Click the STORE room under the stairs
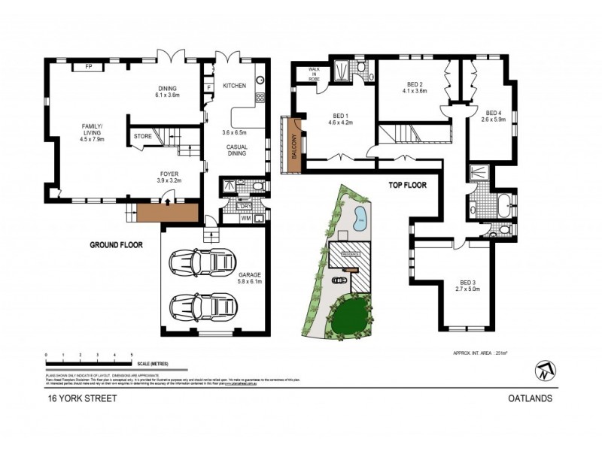tap(143, 137)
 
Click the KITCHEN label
tap(234, 86)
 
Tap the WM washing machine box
tap(245, 219)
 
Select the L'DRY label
tap(244, 206)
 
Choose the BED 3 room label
tap(467, 284)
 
